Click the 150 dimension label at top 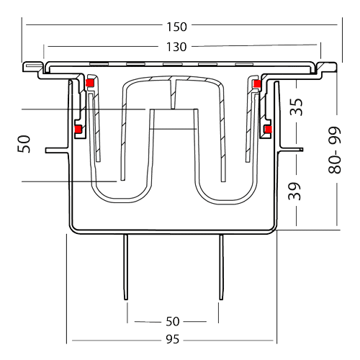click(176, 27)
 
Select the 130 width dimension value click(176, 47)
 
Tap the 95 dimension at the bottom click(173, 339)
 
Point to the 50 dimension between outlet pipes click(173, 321)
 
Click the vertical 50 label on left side click(24, 144)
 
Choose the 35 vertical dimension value click(297, 107)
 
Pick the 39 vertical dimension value click(294, 192)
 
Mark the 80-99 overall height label click(334, 150)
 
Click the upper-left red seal click(89, 83)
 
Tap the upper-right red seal click(257, 84)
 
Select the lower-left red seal click(78, 130)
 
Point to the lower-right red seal click(268, 130)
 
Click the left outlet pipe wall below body click(125, 267)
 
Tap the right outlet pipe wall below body click(221, 267)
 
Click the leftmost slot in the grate click(99, 64)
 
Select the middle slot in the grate click(173, 64)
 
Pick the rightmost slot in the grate click(245, 64)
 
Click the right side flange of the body click(291, 150)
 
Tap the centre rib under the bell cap click(173, 94)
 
